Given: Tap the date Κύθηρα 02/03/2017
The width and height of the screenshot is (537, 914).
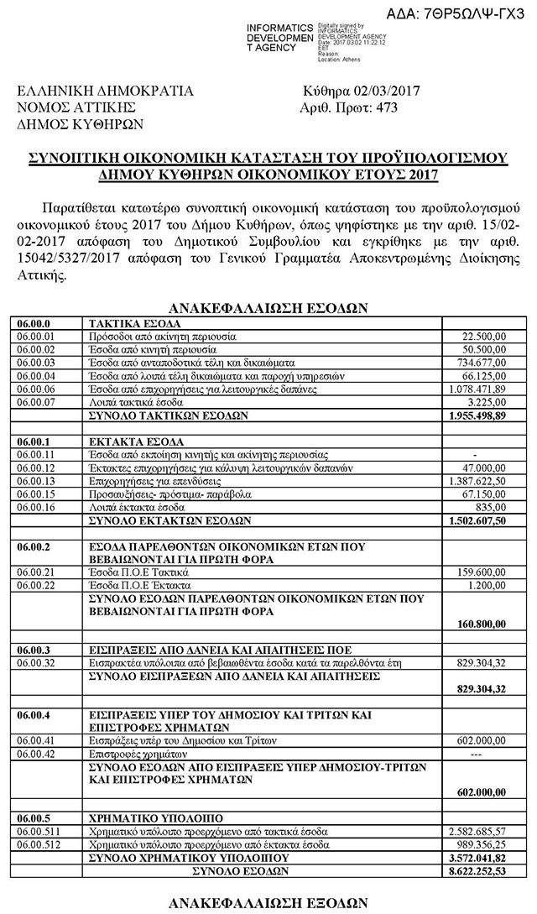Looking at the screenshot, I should (x=362, y=91).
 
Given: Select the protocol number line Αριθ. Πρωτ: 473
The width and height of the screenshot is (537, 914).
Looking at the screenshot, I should (x=348, y=107).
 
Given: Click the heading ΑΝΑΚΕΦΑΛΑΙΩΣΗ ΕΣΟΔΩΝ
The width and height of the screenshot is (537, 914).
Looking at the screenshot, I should (x=268, y=307).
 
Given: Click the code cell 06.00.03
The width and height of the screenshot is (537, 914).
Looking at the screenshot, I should (x=38, y=363).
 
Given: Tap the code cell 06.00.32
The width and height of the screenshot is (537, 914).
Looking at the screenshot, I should (x=38, y=663).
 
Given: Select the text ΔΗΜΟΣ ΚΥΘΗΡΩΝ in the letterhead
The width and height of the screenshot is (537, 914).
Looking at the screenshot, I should (x=81, y=124).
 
